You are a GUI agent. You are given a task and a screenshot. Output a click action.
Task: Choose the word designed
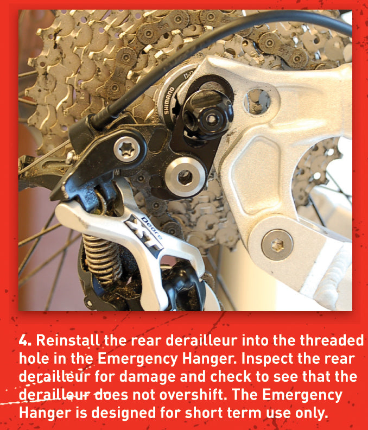point(151,413)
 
